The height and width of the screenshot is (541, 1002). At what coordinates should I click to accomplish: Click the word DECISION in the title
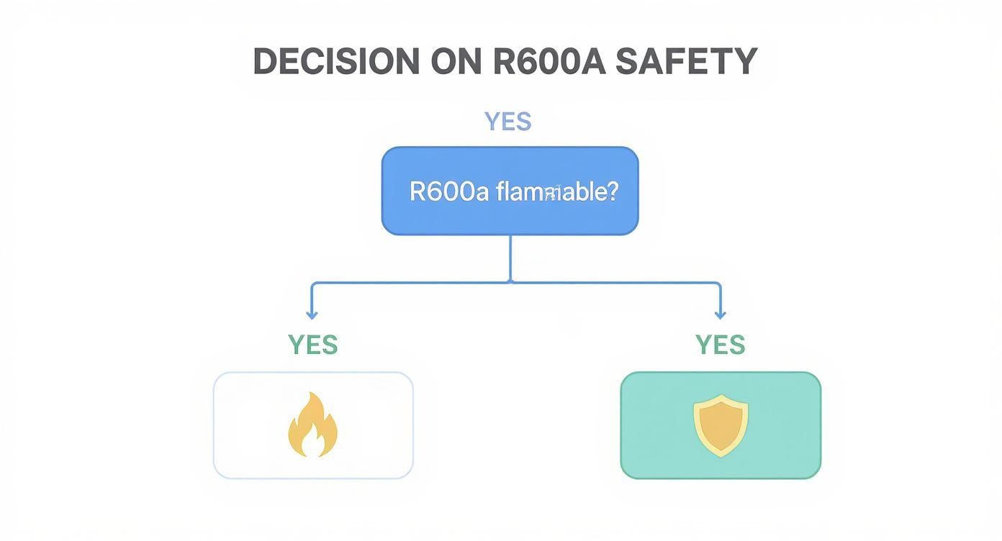pyautogui.click(x=336, y=62)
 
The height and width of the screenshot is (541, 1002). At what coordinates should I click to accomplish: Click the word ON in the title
pyautogui.click(x=456, y=62)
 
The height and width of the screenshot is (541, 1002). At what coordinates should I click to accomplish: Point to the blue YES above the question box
pyautogui.click(x=508, y=122)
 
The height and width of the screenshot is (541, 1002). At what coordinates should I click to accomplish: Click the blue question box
pyautogui.click(x=510, y=216)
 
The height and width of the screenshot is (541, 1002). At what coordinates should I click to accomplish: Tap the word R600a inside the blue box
pyautogui.click(x=448, y=191)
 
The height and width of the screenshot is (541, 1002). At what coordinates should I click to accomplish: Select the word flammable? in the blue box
pyautogui.click(x=556, y=191)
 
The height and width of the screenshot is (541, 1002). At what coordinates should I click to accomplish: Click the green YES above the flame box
pyautogui.click(x=312, y=345)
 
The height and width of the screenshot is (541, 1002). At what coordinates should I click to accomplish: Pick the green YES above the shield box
pyautogui.click(x=720, y=345)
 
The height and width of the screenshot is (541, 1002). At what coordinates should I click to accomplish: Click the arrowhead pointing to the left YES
pyautogui.click(x=312, y=314)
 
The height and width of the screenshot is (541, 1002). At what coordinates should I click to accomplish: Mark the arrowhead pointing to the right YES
pyautogui.click(x=720, y=314)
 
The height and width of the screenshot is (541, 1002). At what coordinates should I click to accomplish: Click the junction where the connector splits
pyautogui.click(x=510, y=282)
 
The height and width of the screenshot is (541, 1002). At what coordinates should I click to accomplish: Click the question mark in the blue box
pyautogui.click(x=613, y=191)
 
